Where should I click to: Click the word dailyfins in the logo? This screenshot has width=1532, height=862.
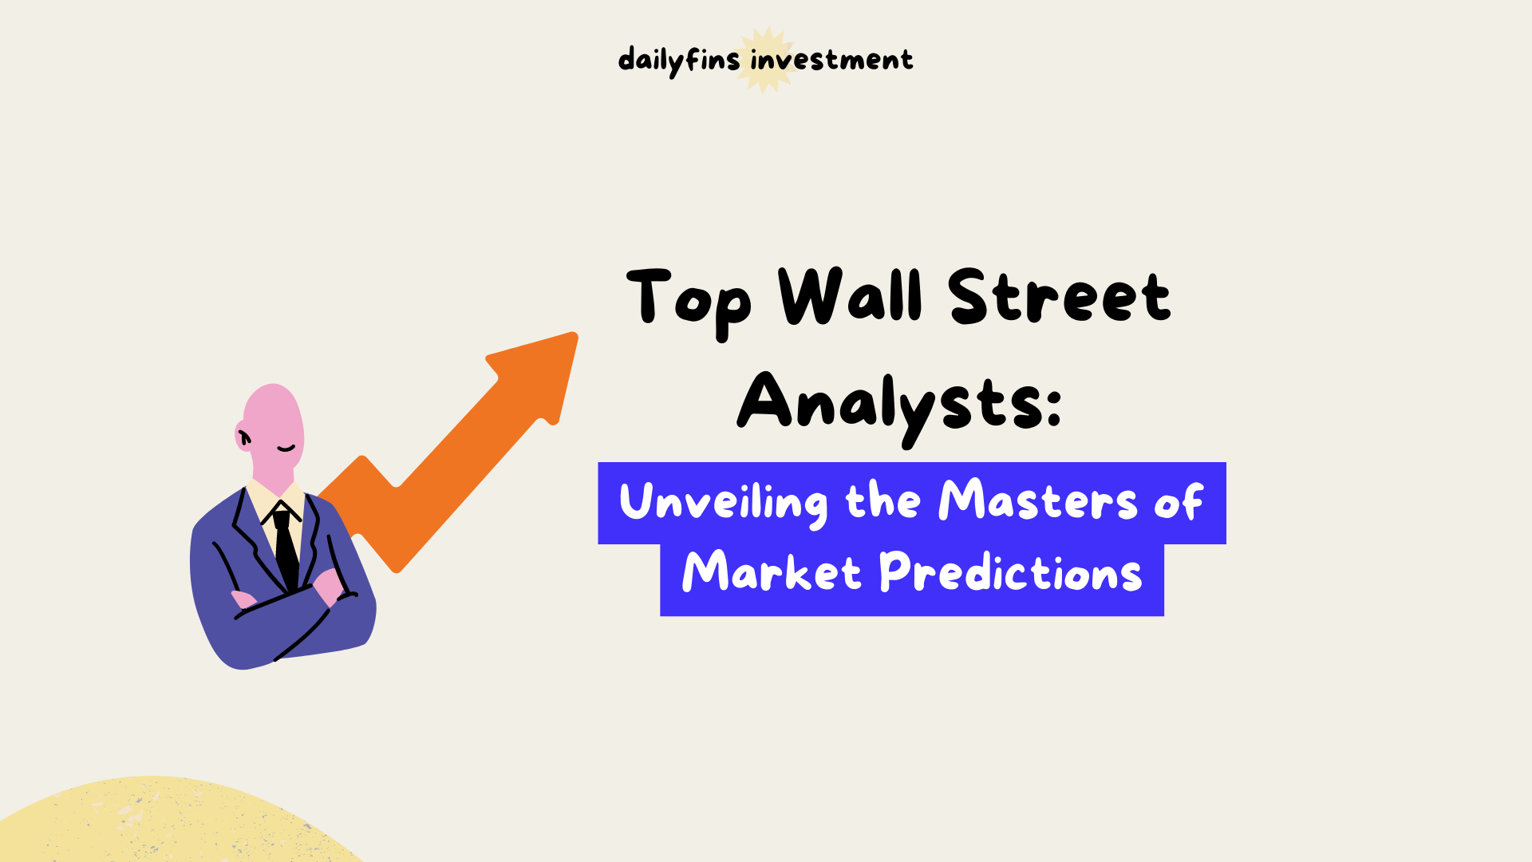click(678, 61)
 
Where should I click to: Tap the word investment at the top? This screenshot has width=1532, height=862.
click(831, 60)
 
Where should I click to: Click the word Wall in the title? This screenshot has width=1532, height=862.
click(851, 296)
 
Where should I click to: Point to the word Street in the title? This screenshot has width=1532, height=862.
click(1060, 296)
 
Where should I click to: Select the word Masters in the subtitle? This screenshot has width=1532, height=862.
click(1037, 501)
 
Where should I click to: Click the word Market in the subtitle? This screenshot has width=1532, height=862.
click(771, 572)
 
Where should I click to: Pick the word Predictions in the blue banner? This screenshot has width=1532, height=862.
click(1010, 572)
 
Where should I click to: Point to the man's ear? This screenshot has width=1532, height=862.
click(243, 436)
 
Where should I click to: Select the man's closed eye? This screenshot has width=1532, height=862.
click(286, 449)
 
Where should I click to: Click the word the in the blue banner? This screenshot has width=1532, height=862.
click(882, 501)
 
